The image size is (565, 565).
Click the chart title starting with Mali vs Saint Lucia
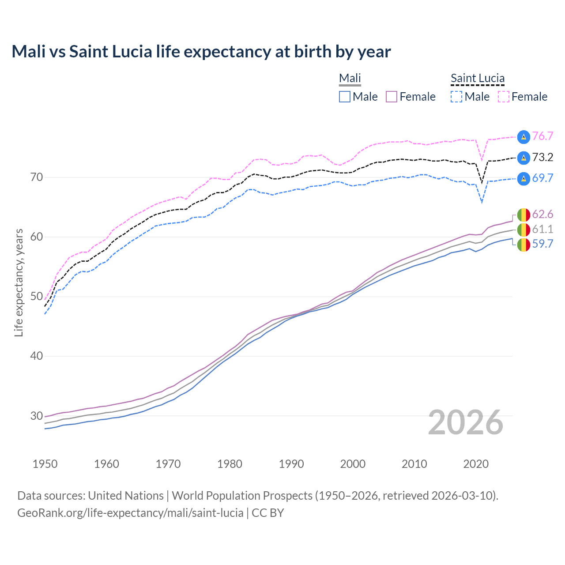[x=201, y=52]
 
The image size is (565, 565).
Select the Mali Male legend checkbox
[x=345, y=97]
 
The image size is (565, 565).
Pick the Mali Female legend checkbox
[x=392, y=97]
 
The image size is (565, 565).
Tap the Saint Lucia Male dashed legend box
[x=456, y=97]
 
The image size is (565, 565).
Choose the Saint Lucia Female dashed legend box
[x=503, y=97]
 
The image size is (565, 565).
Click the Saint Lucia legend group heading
[x=477, y=78]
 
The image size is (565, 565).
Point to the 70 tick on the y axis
[x=37, y=177]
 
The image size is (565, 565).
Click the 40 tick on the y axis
[x=37, y=356]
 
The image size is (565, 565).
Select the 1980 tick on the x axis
[x=230, y=464]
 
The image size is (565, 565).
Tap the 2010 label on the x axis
[x=414, y=464]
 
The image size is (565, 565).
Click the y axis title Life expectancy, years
[x=19, y=282]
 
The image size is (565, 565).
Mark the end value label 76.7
[x=542, y=136]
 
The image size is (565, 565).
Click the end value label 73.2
[x=542, y=158]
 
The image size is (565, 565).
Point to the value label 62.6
[x=542, y=215]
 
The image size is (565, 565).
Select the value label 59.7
[x=542, y=244]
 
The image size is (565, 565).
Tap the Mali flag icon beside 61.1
[x=524, y=230]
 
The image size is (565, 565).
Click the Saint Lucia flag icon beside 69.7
[x=524, y=178]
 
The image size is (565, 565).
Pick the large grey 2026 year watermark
[x=466, y=422]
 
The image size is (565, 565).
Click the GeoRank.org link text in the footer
[x=130, y=513]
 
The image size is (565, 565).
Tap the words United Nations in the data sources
[x=126, y=496]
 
